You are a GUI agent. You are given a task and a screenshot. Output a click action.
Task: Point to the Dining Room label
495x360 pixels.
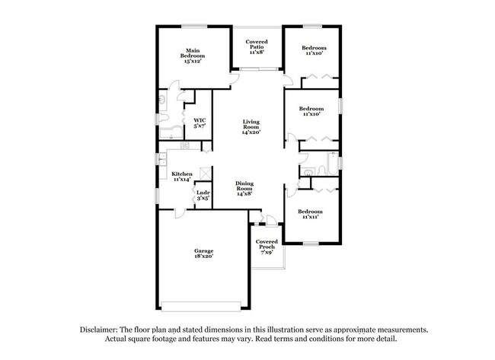click(244, 186)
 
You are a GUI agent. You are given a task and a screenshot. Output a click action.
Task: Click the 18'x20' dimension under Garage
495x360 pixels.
click(203, 256)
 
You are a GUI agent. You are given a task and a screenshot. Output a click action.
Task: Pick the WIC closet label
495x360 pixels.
click(200, 119)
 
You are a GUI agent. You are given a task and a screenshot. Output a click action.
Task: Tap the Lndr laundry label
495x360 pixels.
click(203, 193)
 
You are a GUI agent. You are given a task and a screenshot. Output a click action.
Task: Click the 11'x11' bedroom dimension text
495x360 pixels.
click(310, 217)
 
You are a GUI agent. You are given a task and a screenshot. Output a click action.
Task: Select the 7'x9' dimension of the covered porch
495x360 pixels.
click(266, 250)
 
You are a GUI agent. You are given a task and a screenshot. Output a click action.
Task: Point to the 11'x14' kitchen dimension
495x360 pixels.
click(181, 179)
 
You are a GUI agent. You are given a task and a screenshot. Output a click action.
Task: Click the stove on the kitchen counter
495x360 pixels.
click(184, 145)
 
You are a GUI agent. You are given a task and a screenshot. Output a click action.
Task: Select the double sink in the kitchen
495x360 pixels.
click(162, 161)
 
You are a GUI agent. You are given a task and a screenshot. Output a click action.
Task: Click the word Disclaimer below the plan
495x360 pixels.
click(102, 330)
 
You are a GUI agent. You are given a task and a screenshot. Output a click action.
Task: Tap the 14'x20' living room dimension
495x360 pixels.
click(251, 132)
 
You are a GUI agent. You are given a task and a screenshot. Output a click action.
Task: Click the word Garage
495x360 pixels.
click(203, 250)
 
